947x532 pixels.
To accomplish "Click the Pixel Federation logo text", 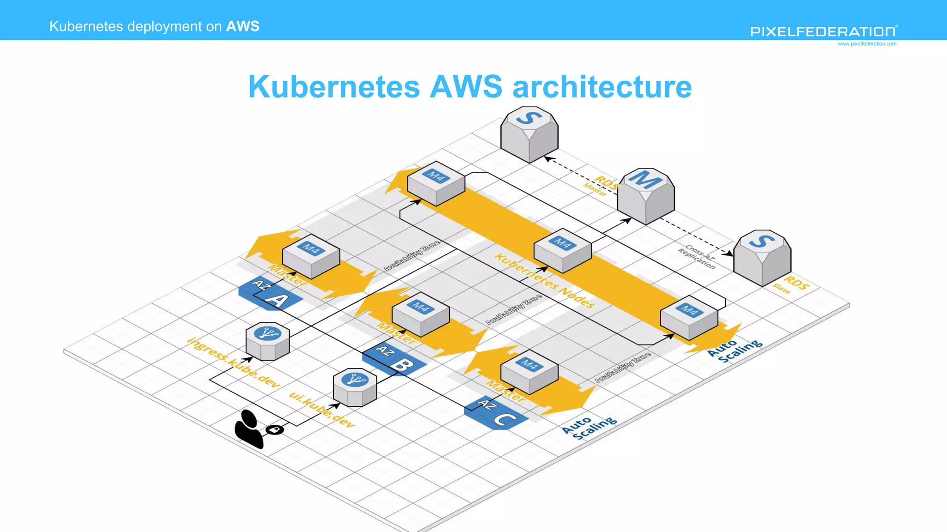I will [x=823, y=31].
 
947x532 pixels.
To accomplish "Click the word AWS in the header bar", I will [x=243, y=26].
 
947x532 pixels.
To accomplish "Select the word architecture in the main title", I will [x=602, y=87].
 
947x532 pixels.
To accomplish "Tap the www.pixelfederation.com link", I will [x=867, y=44].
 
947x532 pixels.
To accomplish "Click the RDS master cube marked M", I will [x=646, y=196].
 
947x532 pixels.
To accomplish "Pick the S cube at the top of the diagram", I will [x=529, y=134].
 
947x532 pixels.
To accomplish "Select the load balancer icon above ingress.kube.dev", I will [x=268, y=341].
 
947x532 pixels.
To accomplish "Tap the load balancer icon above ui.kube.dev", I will [x=355, y=387].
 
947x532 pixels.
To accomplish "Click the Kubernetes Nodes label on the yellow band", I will [x=544, y=280].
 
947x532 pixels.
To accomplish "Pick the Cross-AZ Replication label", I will [x=697, y=257].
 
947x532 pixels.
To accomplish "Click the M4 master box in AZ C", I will [x=529, y=371].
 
